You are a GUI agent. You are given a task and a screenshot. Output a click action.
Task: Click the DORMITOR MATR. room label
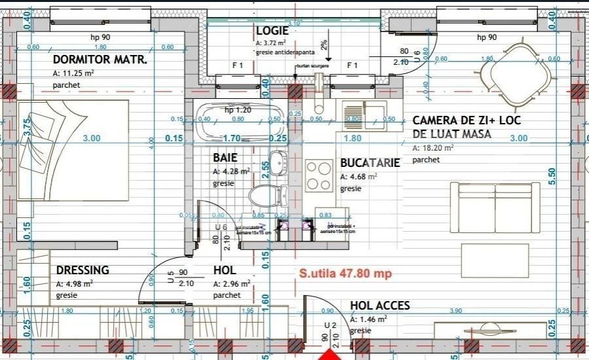click(99, 60)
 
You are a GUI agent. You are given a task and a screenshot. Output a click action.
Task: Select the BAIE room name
click(224, 158)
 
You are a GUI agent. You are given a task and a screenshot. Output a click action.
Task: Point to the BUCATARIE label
click(370, 164)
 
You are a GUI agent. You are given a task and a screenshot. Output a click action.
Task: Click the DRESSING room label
click(82, 270)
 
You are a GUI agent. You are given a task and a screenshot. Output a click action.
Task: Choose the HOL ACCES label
click(380, 306)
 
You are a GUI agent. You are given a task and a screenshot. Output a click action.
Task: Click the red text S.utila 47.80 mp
click(345, 274)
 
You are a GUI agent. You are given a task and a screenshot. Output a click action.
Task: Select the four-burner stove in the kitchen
click(319, 175)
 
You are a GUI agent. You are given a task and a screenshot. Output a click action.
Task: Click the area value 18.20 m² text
click(435, 148)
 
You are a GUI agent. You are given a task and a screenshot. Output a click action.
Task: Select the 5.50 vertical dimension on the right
click(552, 176)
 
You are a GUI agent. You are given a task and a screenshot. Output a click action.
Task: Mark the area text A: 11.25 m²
click(73, 73)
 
